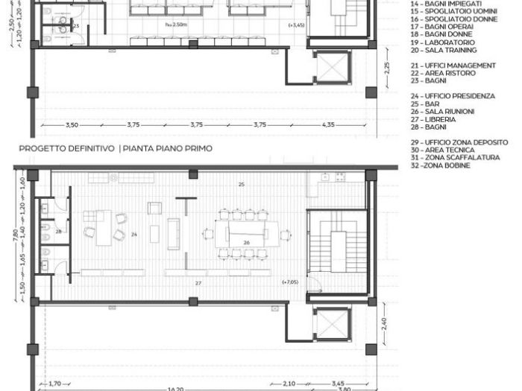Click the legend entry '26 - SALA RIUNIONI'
click(439, 111)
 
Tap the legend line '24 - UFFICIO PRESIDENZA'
click(452, 96)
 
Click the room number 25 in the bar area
click(241, 183)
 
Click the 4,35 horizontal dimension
click(327, 125)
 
